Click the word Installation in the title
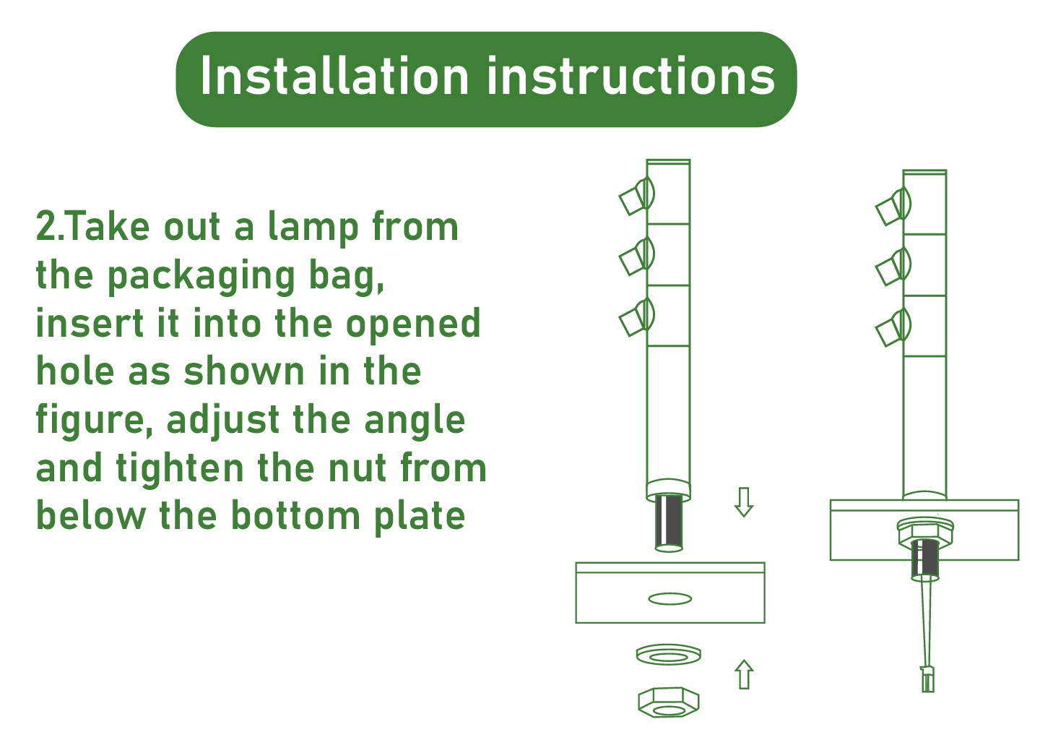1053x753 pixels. click(334, 76)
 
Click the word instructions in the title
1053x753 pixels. click(630, 76)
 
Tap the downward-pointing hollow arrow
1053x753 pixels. click(744, 502)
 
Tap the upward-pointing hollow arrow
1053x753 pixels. click(744, 674)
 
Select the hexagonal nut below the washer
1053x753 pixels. click(669, 702)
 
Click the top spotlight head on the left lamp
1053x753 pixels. click(636, 196)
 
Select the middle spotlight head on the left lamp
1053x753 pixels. click(636, 257)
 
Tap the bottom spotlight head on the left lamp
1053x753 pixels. click(636, 317)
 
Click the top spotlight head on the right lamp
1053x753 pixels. click(893, 207)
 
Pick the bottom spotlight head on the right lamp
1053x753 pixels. click(893, 327)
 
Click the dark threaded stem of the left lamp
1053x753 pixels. click(669, 522)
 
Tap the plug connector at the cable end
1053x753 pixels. click(927, 680)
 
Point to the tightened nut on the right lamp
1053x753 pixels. click(925, 531)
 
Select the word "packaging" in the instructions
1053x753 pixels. click(201, 277)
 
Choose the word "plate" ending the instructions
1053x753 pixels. click(420, 517)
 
